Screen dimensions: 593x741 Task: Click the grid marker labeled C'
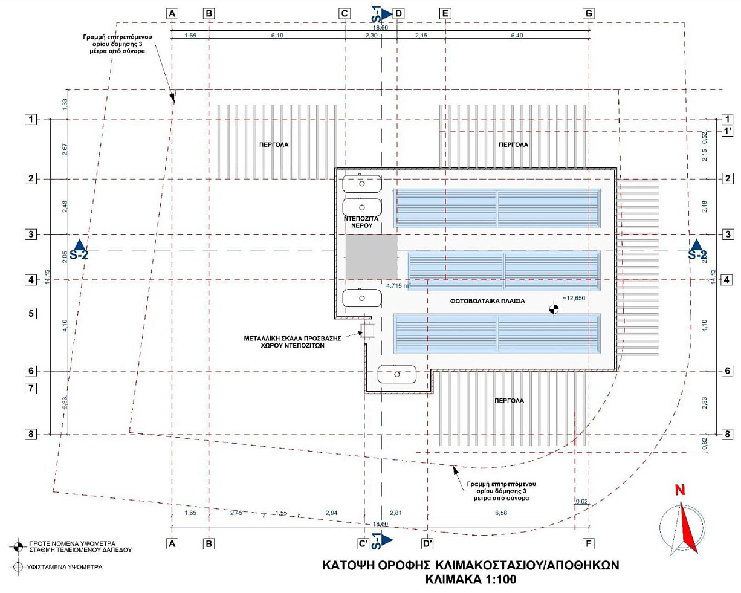click(x=363, y=543)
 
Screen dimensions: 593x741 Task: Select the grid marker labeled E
click(x=445, y=13)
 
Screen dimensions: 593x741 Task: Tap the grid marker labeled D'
click(x=427, y=543)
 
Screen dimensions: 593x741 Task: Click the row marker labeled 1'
click(x=728, y=131)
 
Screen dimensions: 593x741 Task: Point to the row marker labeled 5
click(x=31, y=314)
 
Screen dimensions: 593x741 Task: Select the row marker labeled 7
click(x=31, y=388)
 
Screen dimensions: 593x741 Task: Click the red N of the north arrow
click(x=680, y=490)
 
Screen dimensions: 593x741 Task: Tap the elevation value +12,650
click(x=574, y=298)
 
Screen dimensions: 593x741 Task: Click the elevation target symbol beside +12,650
click(x=553, y=309)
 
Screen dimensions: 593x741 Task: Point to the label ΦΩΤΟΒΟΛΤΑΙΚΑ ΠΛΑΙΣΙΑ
click(x=487, y=300)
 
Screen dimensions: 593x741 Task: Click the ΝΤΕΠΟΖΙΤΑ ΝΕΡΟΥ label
click(x=361, y=221)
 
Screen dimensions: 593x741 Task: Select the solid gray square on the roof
click(x=371, y=256)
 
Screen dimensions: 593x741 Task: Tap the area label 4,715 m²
click(x=399, y=285)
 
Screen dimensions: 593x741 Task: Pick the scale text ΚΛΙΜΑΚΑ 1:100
click(x=470, y=579)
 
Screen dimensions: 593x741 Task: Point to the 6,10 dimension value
click(x=277, y=36)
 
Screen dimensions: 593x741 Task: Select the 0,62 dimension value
click(x=581, y=501)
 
